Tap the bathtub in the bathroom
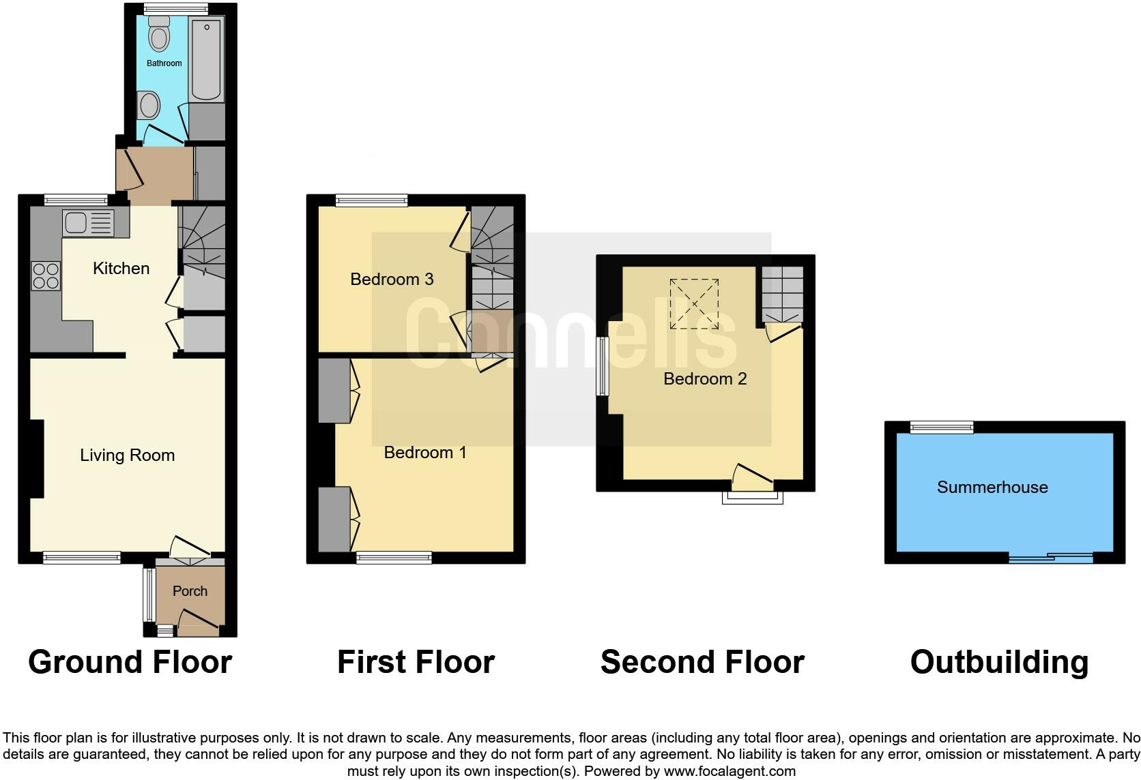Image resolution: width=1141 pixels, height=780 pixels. (206, 60)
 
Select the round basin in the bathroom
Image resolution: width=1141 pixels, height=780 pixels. (149, 106)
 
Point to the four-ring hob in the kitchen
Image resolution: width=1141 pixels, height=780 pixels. (46, 276)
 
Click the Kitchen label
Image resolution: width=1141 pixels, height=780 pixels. (121, 268)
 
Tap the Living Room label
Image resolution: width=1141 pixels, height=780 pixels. (127, 455)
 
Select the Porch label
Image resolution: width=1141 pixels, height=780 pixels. (190, 591)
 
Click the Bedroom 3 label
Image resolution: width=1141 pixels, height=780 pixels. (392, 279)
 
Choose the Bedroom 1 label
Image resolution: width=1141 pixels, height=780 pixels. (425, 452)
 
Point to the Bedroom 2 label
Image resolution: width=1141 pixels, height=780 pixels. (705, 378)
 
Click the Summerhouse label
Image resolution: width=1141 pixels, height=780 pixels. (992, 487)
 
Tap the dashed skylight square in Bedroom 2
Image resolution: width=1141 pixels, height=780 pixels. (693, 304)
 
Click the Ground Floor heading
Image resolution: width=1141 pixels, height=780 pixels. (130, 662)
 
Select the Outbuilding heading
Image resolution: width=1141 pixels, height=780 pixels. (999, 662)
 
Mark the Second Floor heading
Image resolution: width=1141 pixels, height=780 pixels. (702, 662)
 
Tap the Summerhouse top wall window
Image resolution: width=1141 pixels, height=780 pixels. (942, 427)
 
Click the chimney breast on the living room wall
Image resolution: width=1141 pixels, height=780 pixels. (36, 458)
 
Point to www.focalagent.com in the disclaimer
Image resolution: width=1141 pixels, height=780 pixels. (730, 771)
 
